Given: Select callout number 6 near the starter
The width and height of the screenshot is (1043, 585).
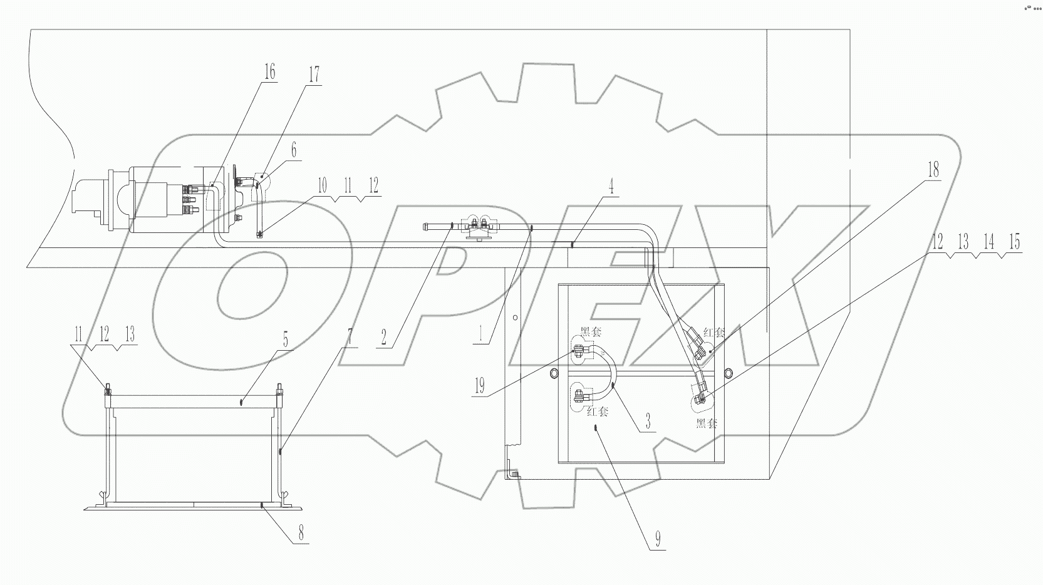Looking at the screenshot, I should [x=293, y=150].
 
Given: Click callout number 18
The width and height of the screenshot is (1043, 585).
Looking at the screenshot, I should [x=933, y=170].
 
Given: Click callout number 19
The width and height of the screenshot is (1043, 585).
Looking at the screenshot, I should [x=480, y=385].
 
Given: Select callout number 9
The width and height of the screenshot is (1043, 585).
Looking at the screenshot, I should [x=657, y=539].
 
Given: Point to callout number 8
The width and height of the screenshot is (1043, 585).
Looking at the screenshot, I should [x=301, y=534].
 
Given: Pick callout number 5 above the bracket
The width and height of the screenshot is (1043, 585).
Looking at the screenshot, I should [x=285, y=340].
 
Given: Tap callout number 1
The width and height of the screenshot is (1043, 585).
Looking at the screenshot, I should [x=480, y=333].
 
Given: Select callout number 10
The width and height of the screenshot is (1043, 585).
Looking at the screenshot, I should [x=322, y=185].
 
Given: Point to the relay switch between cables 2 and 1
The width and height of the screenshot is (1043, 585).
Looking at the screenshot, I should [x=480, y=228].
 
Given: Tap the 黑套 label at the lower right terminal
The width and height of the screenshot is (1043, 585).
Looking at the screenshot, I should [x=706, y=423].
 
